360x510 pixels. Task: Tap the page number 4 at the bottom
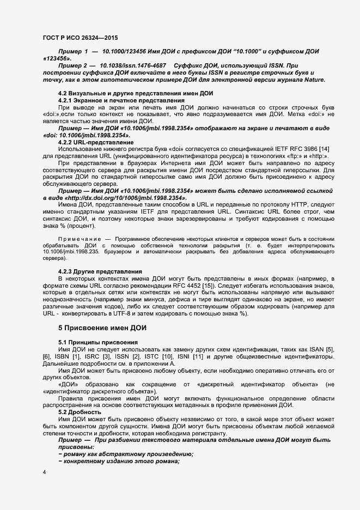click(44, 472)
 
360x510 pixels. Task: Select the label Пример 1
click(72, 50)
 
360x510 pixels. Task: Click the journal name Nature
click(312, 80)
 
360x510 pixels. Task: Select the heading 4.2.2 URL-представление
click(95, 142)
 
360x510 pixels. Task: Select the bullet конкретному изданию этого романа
click(118, 462)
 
